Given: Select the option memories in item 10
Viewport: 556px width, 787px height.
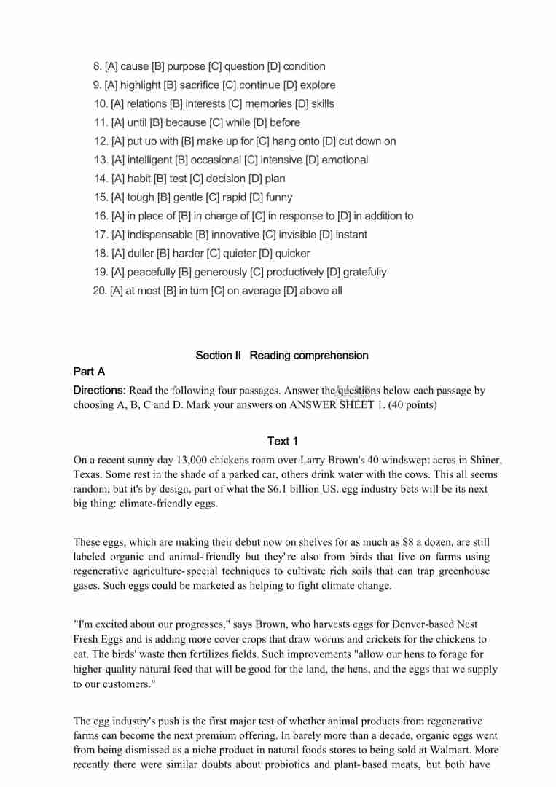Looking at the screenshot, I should tap(268, 104).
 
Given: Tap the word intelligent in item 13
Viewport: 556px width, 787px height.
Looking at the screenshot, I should tap(149, 160).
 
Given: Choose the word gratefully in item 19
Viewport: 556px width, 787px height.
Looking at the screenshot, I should tap(364, 273).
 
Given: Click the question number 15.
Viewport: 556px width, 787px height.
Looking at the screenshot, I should tap(101, 197).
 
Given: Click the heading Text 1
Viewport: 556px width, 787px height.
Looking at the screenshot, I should tap(283, 442).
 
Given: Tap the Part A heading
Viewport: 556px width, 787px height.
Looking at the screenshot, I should tap(90, 372).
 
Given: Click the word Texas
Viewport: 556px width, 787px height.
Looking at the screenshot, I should tap(87, 475).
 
